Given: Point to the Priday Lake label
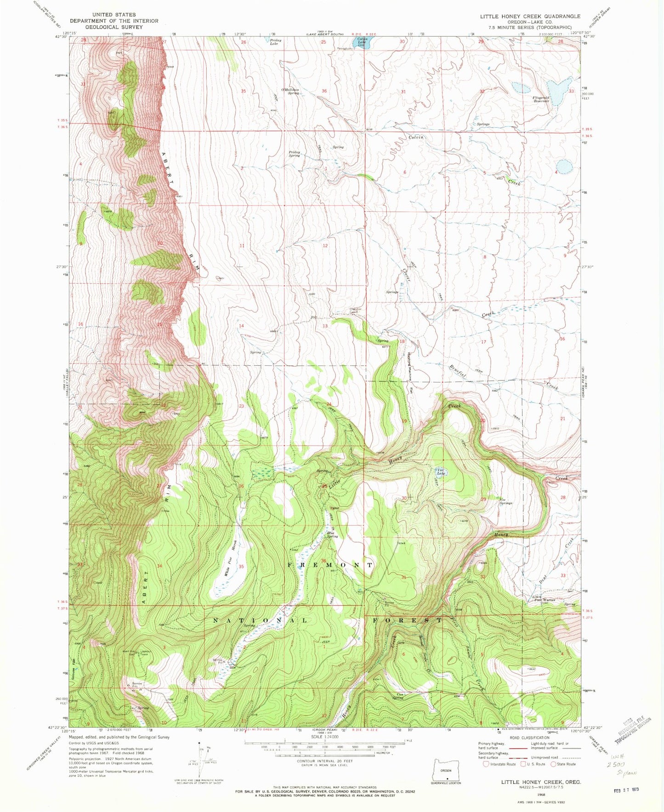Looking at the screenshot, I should click(x=275, y=42).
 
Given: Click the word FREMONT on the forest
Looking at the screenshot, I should click(x=329, y=564).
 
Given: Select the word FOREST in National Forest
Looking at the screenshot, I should click(x=407, y=620).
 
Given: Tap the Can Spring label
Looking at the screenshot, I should click(x=397, y=696).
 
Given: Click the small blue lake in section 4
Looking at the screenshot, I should click(x=564, y=166).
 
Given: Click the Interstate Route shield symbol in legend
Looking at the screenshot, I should click(x=486, y=764).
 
